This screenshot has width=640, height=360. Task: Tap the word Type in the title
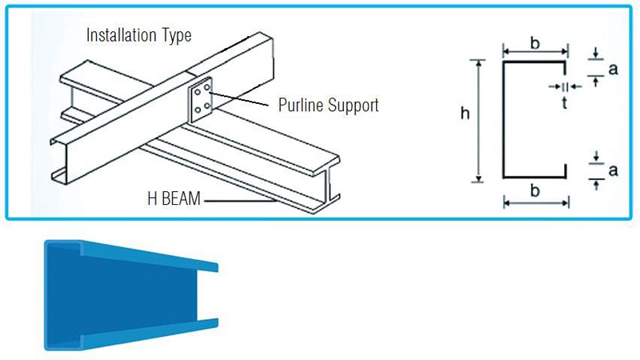click(x=177, y=36)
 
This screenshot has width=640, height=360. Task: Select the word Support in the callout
click(x=354, y=106)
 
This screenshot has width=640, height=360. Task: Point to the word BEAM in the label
click(x=182, y=198)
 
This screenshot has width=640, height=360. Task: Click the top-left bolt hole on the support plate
click(x=198, y=92)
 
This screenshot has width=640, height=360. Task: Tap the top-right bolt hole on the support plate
click(x=207, y=87)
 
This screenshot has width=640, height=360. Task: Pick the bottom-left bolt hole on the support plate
click(x=198, y=110)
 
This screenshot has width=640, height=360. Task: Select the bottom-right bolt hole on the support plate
click(x=207, y=106)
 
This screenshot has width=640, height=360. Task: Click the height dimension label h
click(x=465, y=113)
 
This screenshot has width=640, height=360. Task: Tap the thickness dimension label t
click(x=565, y=103)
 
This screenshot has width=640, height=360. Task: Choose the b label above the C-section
click(x=534, y=42)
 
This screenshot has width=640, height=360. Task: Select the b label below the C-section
click(x=534, y=190)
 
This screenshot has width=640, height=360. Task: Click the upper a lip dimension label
click(x=613, y=70)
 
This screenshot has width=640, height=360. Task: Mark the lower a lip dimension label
click(x=613, y=170)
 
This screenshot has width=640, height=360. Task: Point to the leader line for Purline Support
click(x=239, y=99)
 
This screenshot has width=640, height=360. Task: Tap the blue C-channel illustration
click(x=131, y=295)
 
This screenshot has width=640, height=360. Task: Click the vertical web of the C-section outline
click(x=504, y=120)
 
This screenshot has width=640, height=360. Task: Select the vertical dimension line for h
click(x=478, y=121)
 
